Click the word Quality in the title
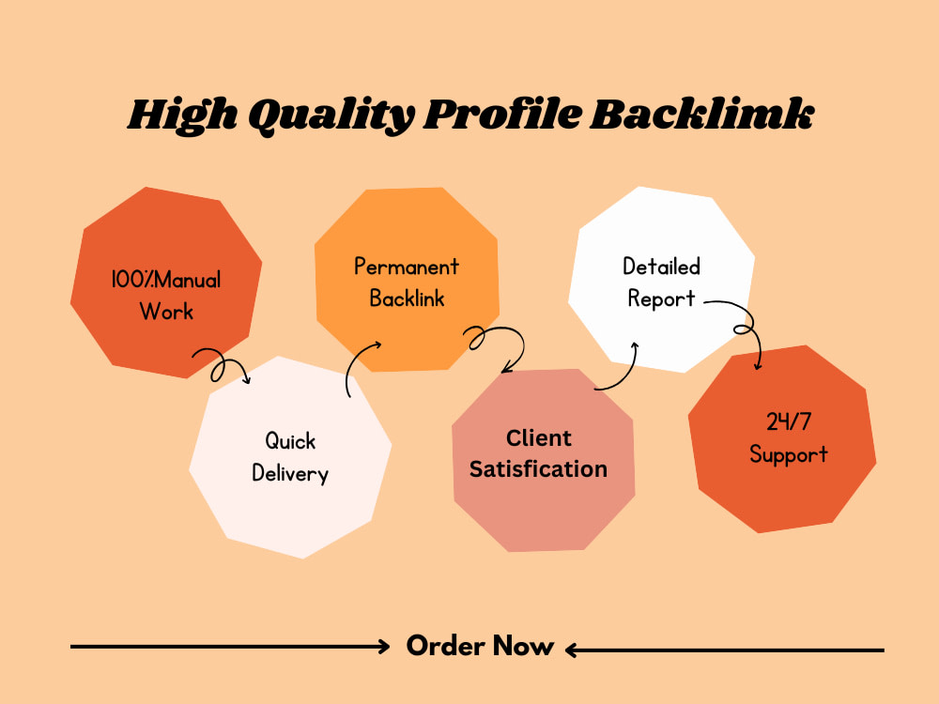[x=331, y=115]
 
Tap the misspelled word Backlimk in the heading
[x=701, y=114]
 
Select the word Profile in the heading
[x=501, y=114]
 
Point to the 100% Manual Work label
[x=166, y=295]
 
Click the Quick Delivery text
[x=290, y=457]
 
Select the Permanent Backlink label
[x=407, y=282]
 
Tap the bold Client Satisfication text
[x=538, y=453]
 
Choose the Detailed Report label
[x=661, y=283]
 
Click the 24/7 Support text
[x=789, y=438]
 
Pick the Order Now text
[x=480, y=646]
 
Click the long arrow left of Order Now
[x=230, y=647]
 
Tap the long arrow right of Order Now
[x=725, y=650]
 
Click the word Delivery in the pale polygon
[x=290, y=473]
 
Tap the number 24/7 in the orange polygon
[x=789, y=421]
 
